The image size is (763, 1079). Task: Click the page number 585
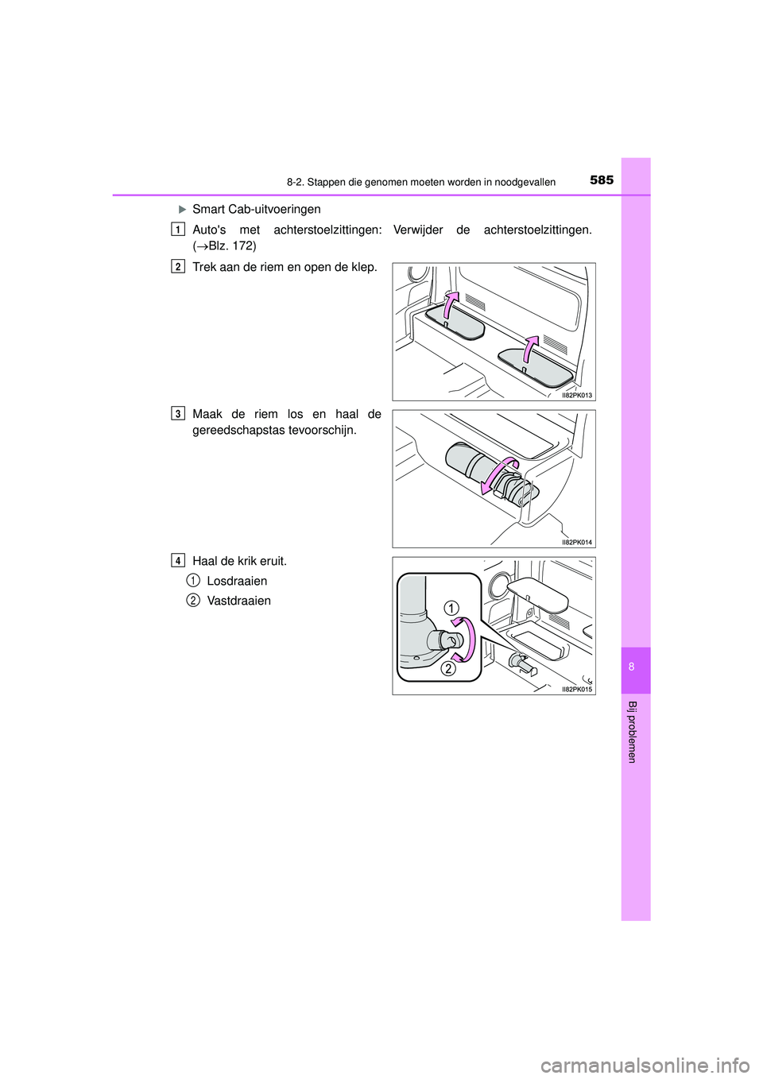602,180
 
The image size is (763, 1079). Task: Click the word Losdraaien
237,581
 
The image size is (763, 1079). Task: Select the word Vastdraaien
238,601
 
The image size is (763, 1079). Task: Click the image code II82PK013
576,395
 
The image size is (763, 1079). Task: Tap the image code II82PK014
576,542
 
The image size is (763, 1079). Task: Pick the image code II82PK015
576,689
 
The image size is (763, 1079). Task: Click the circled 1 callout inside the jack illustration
451,608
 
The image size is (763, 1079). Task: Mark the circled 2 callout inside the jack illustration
448,668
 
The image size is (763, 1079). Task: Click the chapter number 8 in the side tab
632,667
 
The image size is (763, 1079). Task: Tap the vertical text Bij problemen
632,732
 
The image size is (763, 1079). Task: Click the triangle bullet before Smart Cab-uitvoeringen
181,209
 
